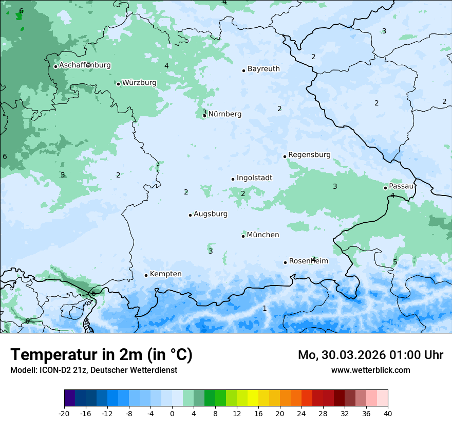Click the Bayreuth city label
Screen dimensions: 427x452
tap(263, 69)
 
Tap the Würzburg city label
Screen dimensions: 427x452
tap(139, 83)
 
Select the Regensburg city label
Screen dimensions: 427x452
tap(309, 155)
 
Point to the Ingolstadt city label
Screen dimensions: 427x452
tap(254, 178)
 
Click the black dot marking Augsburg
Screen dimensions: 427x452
tap(190, 215)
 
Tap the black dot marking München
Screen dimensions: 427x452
tap(243, 236)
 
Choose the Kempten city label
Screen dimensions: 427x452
tap(165, 274)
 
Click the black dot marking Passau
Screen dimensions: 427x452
tap(385, 188)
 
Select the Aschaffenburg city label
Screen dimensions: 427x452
tap(85, 65)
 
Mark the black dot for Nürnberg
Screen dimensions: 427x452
tap(204, 116)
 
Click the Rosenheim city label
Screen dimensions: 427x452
tap(308, 261)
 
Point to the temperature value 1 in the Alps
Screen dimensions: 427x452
tap(265, 308)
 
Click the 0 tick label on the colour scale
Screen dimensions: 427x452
tap(172, 413)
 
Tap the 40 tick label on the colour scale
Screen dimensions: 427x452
tap(387, 413)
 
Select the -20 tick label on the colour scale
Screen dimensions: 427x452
tap(64, 413)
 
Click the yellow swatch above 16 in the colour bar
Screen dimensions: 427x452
tap(253, 398)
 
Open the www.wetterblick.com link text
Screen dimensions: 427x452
tap(370, 370)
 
